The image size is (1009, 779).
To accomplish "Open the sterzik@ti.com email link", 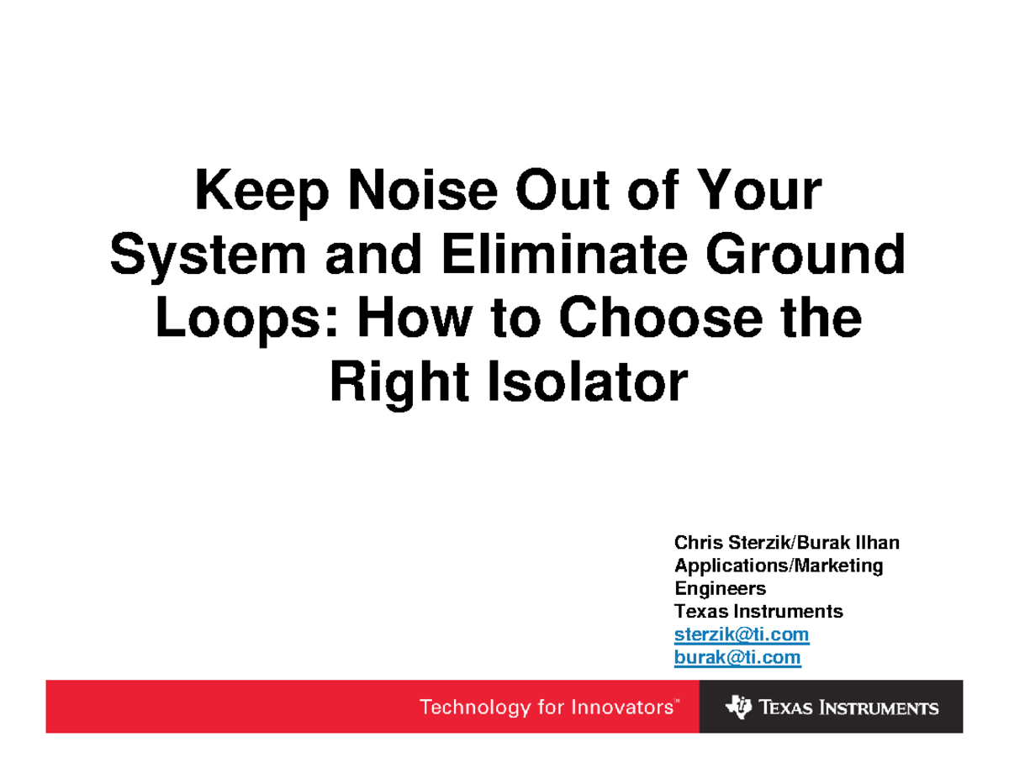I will click(741, 634).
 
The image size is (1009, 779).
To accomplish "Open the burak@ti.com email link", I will click(737, 656).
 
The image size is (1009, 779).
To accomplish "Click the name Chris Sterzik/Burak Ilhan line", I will click(787, 543).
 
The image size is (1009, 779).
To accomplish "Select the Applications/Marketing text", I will click(779, 566).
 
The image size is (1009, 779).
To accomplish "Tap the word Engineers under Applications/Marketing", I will click(720, 588).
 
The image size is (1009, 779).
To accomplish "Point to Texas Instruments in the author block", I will click(758, 611).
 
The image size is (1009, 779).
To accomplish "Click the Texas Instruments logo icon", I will click(738, 707).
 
